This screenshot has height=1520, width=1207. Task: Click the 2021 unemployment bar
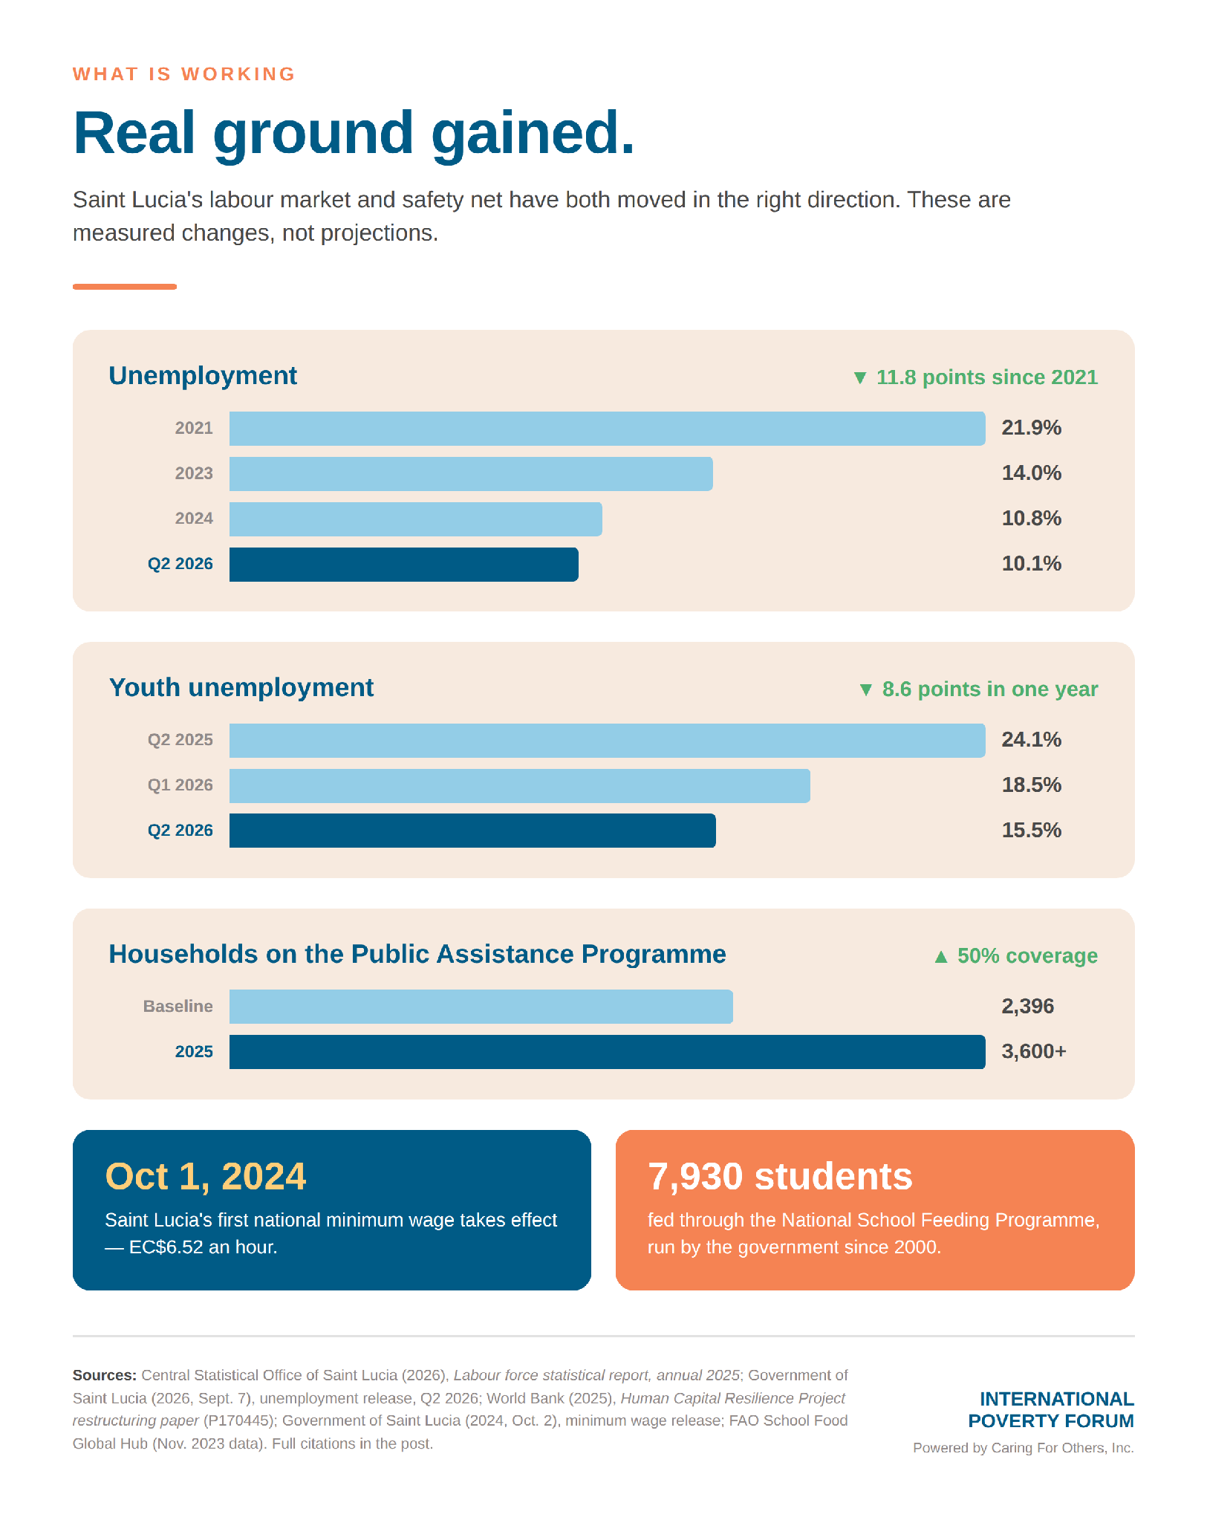point(607,429)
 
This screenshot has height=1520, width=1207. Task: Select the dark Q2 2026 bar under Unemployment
point(403,565)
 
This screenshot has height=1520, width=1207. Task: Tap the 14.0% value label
point(1031,473)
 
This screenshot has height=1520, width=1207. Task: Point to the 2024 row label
point(194,519)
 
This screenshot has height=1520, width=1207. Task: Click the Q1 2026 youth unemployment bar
point(519,786)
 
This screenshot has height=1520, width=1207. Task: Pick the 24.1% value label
point(1031,740)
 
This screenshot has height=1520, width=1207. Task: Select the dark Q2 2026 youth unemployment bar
point(472,831)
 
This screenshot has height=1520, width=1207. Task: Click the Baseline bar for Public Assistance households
point(481,1007)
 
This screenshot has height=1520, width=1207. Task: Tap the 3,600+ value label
point(1033,1051)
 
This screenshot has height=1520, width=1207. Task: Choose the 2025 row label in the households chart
point(194,1052)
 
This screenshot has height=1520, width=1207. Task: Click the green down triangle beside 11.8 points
point(860,378)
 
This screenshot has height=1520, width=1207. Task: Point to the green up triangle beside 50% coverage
point(941,956)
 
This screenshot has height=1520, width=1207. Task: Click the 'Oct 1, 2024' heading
point(206,1177)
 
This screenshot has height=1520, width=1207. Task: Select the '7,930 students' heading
point(780,1177)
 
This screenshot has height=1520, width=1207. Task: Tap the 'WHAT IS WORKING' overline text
point(184,74)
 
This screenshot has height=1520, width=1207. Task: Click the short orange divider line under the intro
point(125,287)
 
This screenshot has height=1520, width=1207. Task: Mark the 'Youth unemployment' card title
point(241,688)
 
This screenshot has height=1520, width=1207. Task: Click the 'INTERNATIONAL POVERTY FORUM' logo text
point(1051,1410)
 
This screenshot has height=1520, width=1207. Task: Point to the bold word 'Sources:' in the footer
point(105,1375)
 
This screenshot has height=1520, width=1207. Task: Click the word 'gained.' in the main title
point(533,134)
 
